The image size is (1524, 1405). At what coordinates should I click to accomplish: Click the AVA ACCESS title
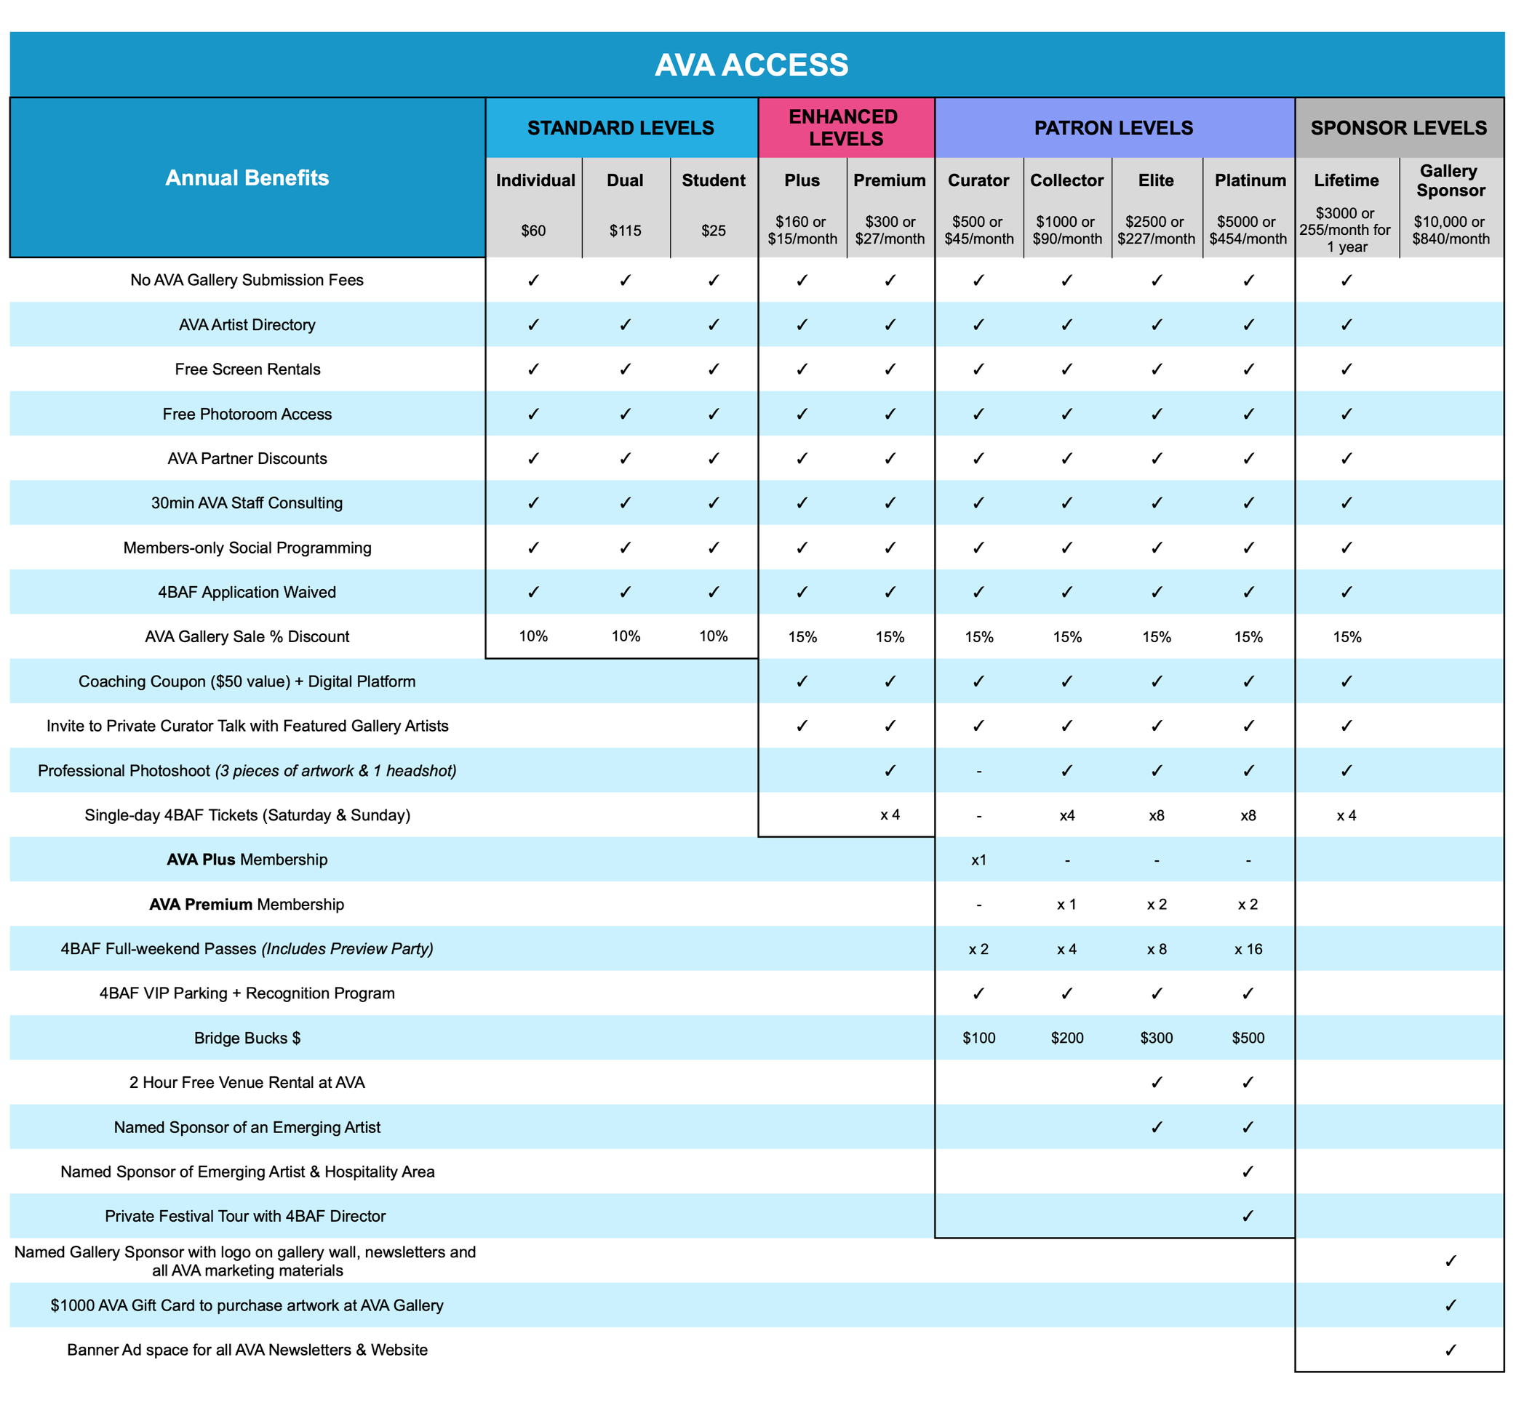pyautogui.click(x=751, y=65)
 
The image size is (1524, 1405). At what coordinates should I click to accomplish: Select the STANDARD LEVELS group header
pyautogui.click(x=621, y=128)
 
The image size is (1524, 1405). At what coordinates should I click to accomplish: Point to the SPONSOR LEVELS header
pyautogui.click(x=1399, y=128)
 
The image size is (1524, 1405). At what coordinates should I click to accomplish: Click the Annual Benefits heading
pyautogui.click(x=247, y=178)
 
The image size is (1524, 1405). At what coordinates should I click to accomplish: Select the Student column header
pyautogui.click(x=714, y=180)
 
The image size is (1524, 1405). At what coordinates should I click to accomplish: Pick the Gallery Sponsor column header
pyautogui.click(x=1450, y=180)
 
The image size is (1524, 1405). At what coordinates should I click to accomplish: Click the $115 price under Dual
pyautogui.click(x=625, y=231)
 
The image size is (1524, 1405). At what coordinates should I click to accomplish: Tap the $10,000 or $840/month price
pyautogui.click(x=1451, y=231)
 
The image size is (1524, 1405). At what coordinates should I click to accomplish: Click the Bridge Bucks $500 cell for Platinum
pyautogui.click(x=1248, y=1038)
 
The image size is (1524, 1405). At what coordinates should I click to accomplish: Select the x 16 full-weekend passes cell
pyautogui.click(x=1248, y=949)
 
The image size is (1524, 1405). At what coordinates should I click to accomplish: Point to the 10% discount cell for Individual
pyautogui.click(x=533, y=636)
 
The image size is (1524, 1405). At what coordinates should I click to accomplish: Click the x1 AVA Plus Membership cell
pyautogui.click(x=978, y=860)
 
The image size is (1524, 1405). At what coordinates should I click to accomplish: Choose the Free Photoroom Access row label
pyautogui.click(x=247, y=415)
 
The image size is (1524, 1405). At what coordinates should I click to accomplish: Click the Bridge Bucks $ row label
pyautogui.click(x=247, y=1038)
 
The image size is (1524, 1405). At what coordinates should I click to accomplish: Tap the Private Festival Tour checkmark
pyautogui.click(x=1248, y=1217)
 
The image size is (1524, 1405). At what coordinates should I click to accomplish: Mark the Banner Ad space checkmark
pyautogui.click(x=1451, y=1350)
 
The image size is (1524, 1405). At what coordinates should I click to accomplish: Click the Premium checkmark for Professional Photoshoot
pyautogui.click(x=890, y=771)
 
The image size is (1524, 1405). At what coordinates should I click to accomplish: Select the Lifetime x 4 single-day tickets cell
pyautogui.click(x=1346, y=816)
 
